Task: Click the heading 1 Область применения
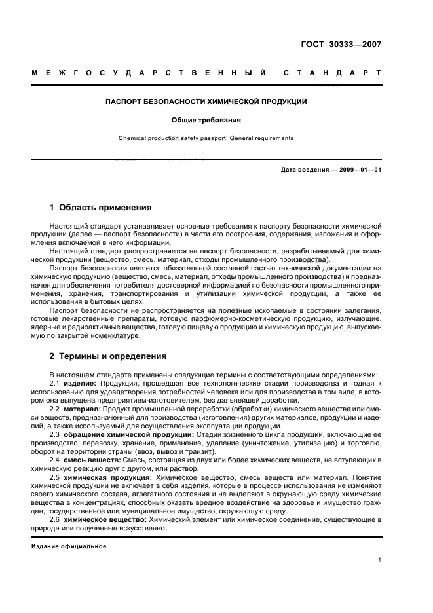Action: tap(101, 208)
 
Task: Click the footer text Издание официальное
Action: tap(69, 546)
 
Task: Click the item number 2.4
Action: tap(56, 461)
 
